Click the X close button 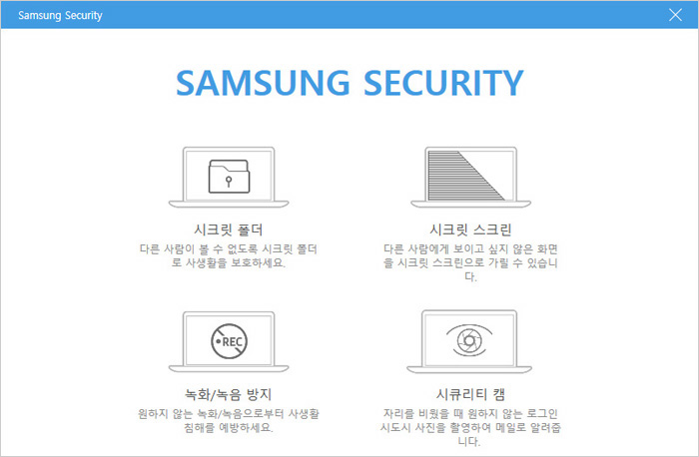click(675, 15)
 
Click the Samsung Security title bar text click(60, 16)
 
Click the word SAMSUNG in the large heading click(263, 83)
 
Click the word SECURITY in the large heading click(443, 83)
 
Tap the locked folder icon click(229, 177)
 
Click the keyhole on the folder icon click(229, 182)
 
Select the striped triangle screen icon click(466, 176)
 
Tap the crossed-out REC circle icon click(229, 341)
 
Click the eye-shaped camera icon click(469, 340)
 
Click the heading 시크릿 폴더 click(229, 229)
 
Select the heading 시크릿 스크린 click(470, 229)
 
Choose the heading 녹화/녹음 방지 click(229, 395)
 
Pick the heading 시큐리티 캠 click(470, 395)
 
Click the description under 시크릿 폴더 click(229, 255)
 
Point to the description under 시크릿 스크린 click(470, 262)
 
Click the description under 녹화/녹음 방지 click(229, 420)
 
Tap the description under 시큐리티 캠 click(470, 427)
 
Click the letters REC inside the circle click(233, 341)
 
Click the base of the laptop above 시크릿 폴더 click(229, 204)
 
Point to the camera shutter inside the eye click(469, 341)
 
